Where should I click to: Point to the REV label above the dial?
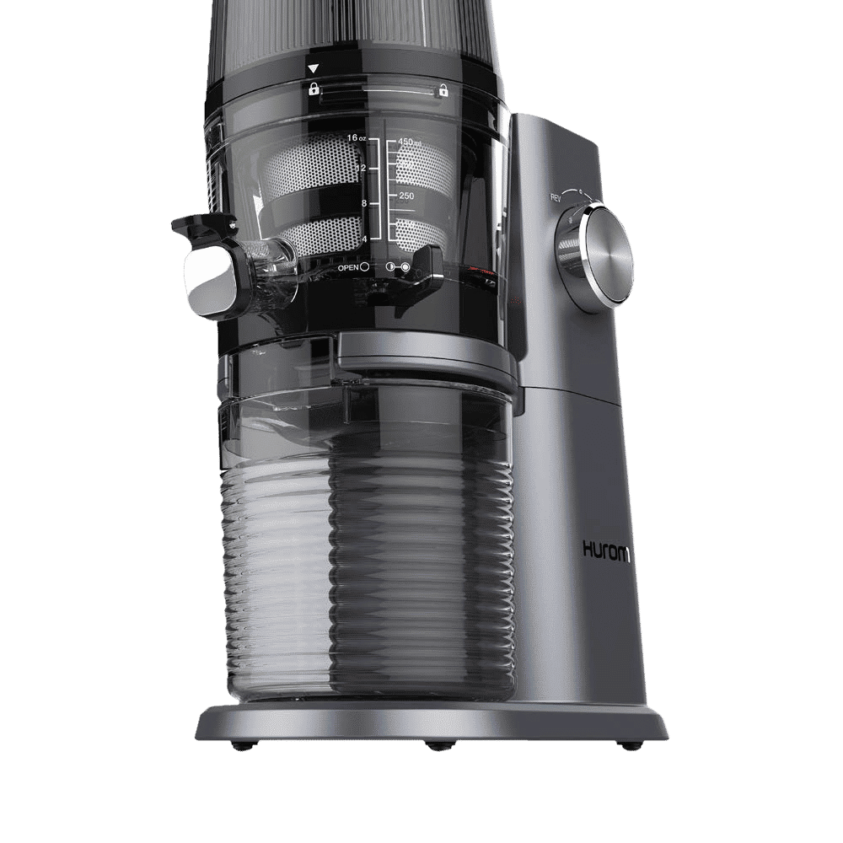tap(556, 198)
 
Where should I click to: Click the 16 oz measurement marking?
tap(355, 139)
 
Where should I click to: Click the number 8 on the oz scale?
tap(363, 203)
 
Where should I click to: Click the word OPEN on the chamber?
tap(348, 266)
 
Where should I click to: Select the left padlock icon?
tap(314, 89)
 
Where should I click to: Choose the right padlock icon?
tap(442, 91)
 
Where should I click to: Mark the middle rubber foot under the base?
tap(435, 746)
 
